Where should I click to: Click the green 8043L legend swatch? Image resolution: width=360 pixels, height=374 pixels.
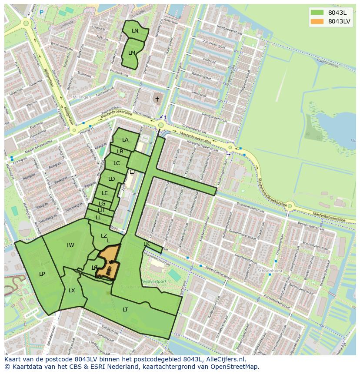coord(317,12)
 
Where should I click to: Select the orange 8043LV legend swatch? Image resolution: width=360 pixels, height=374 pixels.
coord(317,21)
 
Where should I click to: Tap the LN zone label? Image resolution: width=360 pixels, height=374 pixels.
coord(135,31)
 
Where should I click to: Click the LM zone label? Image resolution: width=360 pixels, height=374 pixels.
coord(132,53)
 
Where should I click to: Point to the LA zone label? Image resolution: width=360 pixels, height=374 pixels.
coord(125,140)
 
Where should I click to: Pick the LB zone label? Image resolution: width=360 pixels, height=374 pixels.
coord(120,152)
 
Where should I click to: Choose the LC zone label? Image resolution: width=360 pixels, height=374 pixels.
coord(117,163)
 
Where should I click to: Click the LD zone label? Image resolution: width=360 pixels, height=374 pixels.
coord(111,179)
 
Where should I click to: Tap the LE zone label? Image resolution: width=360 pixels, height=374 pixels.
coord(105,193)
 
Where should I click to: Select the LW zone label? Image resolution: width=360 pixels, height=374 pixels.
coord(70,245)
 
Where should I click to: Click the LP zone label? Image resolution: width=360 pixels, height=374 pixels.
coord(42,274)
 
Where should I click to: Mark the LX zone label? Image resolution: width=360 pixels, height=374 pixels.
coord(72,291)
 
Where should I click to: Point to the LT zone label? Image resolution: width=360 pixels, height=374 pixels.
coord(125,310)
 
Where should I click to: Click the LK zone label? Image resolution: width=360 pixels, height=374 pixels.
coord(147,244)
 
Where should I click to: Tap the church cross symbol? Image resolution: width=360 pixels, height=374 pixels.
coord(157,99)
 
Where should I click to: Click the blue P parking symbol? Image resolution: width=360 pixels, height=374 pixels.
coord(42,13)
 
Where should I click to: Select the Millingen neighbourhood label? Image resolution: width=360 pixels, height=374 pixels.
coord(82,97)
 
